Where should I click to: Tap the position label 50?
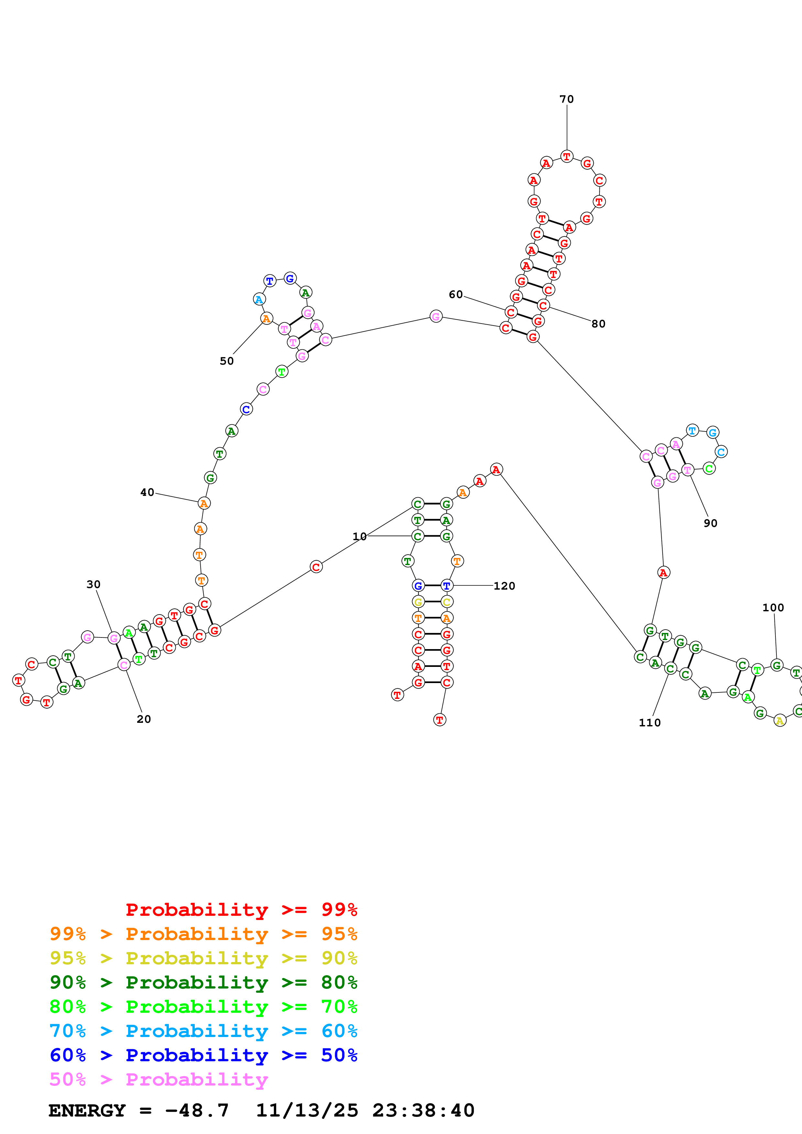pos(227,361)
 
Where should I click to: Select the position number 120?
pos(504,586)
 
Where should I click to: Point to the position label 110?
pos(649,722)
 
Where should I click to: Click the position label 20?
pos(144,719)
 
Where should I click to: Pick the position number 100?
pos(773,607)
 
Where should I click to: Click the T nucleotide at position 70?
pos(567,156)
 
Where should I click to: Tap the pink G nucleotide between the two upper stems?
pos(435,316)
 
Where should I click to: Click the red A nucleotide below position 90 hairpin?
pos(663,572)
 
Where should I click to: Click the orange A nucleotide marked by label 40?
pos(203,503)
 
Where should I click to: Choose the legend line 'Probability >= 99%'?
pos(241,909)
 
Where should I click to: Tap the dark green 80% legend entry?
pos(203,982)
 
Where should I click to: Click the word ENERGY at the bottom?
pos(87,1110)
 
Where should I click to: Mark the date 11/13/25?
pos(307,1110)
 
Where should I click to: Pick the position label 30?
pos(93,584)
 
